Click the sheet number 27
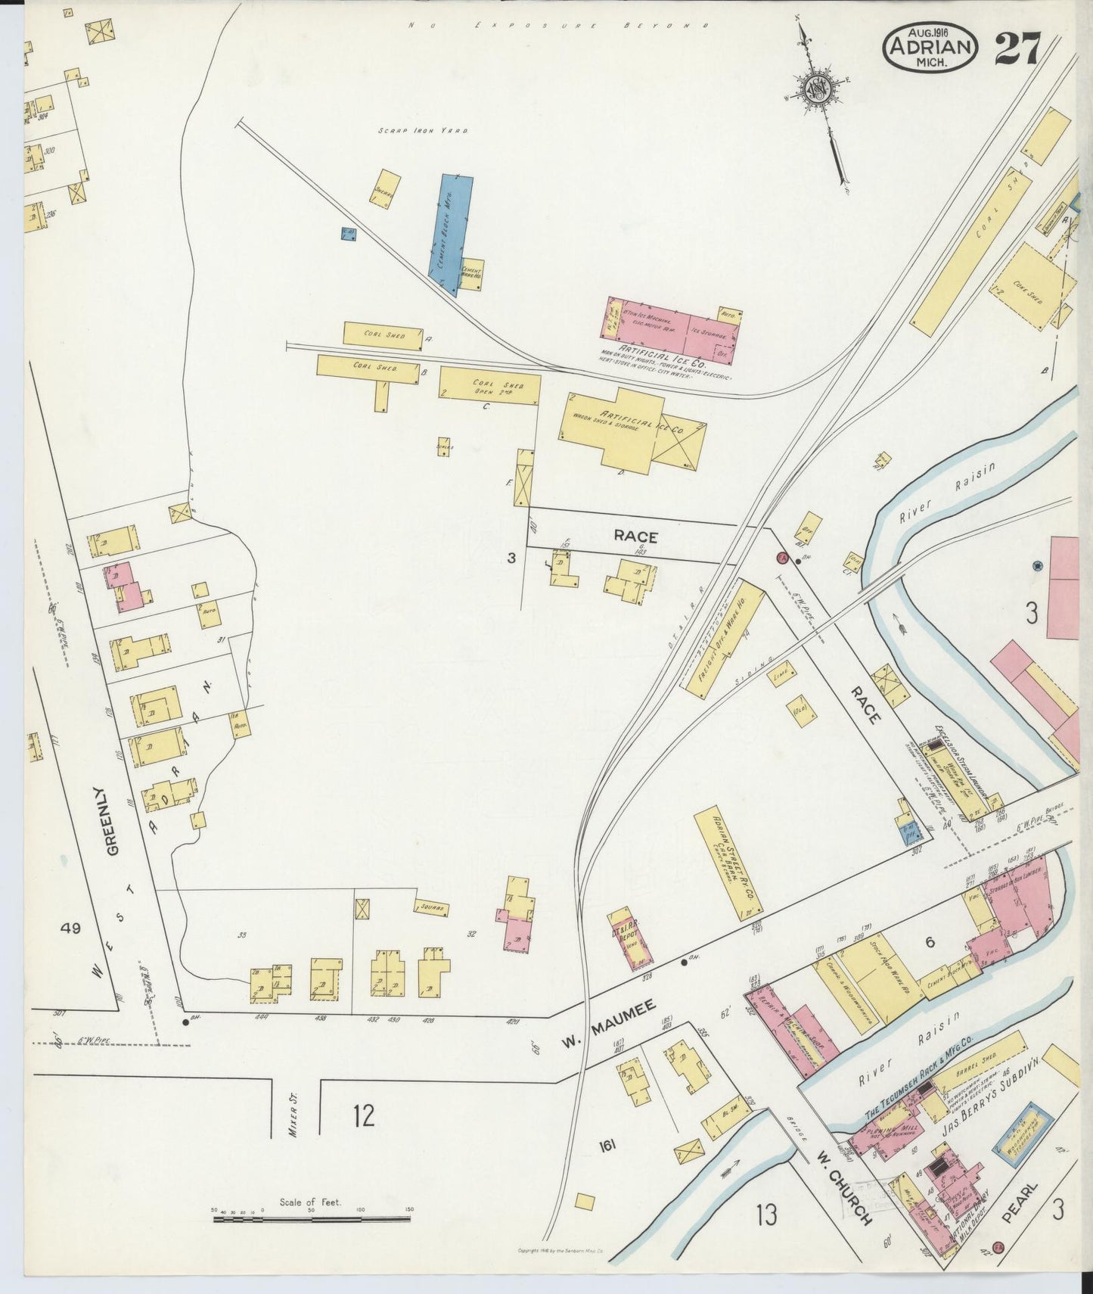pyautogui.click(x=1017, y=50)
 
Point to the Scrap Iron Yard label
pyautogui.click(x=424, y=131)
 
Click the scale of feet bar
pyautogui.click(x=310, y=1217)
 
